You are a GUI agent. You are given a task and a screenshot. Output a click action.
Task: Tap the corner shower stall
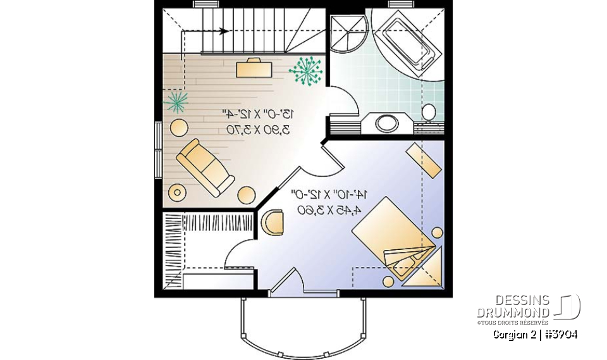346,33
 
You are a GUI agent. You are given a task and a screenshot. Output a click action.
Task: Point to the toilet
429,113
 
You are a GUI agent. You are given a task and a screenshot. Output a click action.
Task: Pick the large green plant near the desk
306,71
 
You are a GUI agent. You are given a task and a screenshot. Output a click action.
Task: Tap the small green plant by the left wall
176,101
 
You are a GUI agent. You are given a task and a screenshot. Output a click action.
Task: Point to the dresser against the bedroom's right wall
424,159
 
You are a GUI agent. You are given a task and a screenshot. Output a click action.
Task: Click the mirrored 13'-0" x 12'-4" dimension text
256,115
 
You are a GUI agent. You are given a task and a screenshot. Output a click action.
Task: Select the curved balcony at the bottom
303,326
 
